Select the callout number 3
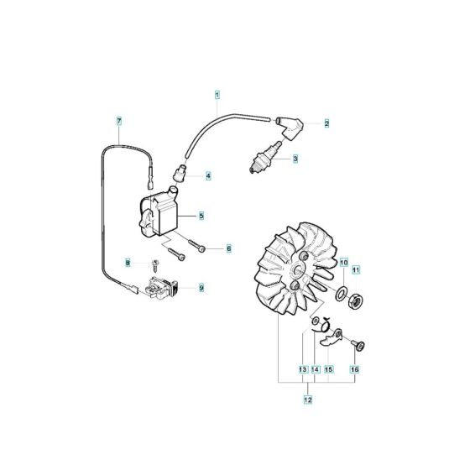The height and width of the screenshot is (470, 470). pos(295,157)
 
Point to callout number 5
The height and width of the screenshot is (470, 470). pos(201,216)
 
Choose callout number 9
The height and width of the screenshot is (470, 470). pos(201,288)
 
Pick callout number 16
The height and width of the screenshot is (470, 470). pos(355,369)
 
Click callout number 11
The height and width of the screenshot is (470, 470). pos(355,269)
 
